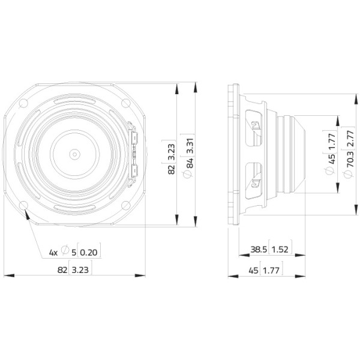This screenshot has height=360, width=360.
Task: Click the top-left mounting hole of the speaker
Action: [x=23, y=103]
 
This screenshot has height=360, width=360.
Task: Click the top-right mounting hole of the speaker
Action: [x=125, y=103]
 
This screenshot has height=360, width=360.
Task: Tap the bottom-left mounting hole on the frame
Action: [x=23, y=205]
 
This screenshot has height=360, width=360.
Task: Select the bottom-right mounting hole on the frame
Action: [x=125, y=205]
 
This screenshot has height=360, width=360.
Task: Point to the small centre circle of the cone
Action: [x=74, y=154]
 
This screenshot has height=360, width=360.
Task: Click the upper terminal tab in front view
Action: [x=134, y=138]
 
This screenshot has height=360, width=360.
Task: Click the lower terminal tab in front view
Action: [x=134, y=171]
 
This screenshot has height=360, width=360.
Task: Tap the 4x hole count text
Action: [x=53, y=253]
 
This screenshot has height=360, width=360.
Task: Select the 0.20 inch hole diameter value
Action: [x=89, y=253]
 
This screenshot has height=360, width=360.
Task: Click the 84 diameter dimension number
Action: [x=190, y=163]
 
